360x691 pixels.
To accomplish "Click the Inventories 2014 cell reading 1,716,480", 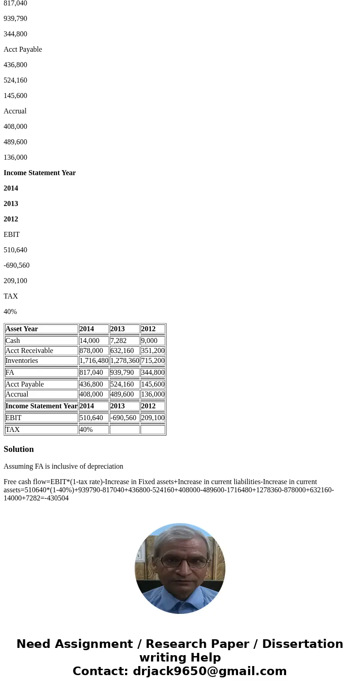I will click(x=94, y=361).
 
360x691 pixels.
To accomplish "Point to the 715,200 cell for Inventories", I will click(x=153, y=361).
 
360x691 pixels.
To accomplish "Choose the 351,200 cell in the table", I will click(x=153, y=351).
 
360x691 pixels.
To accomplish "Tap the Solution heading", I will click(x=19, y=449).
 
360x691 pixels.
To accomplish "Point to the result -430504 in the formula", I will click(x=57, y=498).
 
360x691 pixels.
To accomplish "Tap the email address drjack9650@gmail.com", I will click(x=209, y=671).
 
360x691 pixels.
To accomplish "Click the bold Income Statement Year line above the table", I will click(x=39, y=173).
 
